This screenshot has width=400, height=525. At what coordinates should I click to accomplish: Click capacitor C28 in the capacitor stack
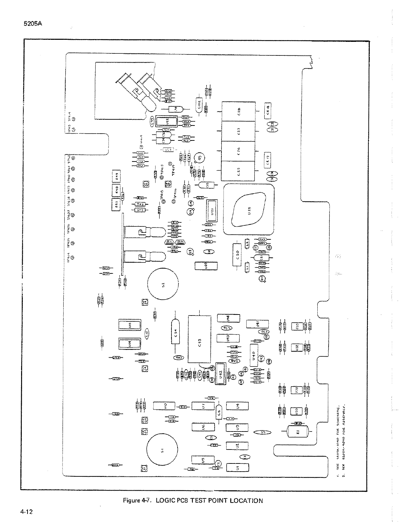[238, 111]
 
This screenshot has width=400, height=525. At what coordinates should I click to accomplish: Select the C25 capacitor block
[238, 172]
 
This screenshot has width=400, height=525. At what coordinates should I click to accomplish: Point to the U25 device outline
[248, 210]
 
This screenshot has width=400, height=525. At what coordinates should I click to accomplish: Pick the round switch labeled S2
[163, 284]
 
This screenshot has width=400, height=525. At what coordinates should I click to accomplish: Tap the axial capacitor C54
[176, 332]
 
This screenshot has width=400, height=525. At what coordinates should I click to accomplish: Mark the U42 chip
[220, 377]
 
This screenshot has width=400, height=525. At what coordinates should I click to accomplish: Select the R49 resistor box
[117, 176]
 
